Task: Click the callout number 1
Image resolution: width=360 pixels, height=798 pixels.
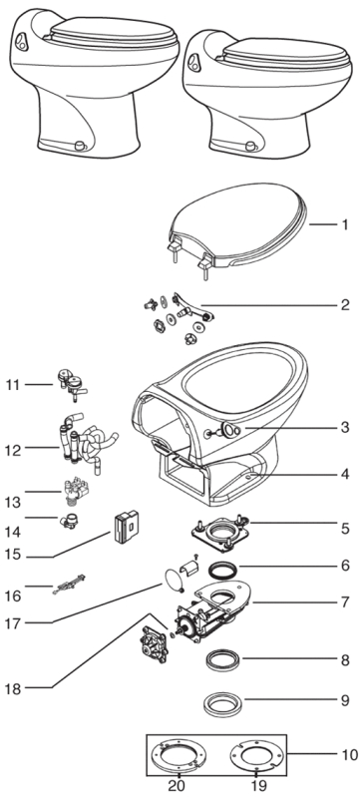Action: pyautogui.click(x=345, y=224)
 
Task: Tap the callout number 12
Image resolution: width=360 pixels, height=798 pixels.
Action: pyautogui.click(x=14, y=450)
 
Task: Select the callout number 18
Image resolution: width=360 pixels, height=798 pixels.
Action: pyautogui.click(x=14, y=689)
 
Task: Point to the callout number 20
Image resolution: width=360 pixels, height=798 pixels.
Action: pyautogui.click(x=177, y=785)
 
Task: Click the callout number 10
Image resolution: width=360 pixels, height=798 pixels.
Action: pyautogui.click(x=349, y=754)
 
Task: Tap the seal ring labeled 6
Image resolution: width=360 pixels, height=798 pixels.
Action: pyautogui.click(x=224, y=569)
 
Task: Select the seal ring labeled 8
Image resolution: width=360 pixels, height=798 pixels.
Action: pyautogui.click(x=223, y=660)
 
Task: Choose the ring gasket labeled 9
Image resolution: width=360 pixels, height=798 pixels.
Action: pyautogui.click(x=222, y=704)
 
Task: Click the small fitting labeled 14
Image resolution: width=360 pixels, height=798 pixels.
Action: pyautogui.click(x=69, y=522)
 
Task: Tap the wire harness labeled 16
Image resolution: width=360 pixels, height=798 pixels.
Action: pyautogui.click(x=69, y=585)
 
